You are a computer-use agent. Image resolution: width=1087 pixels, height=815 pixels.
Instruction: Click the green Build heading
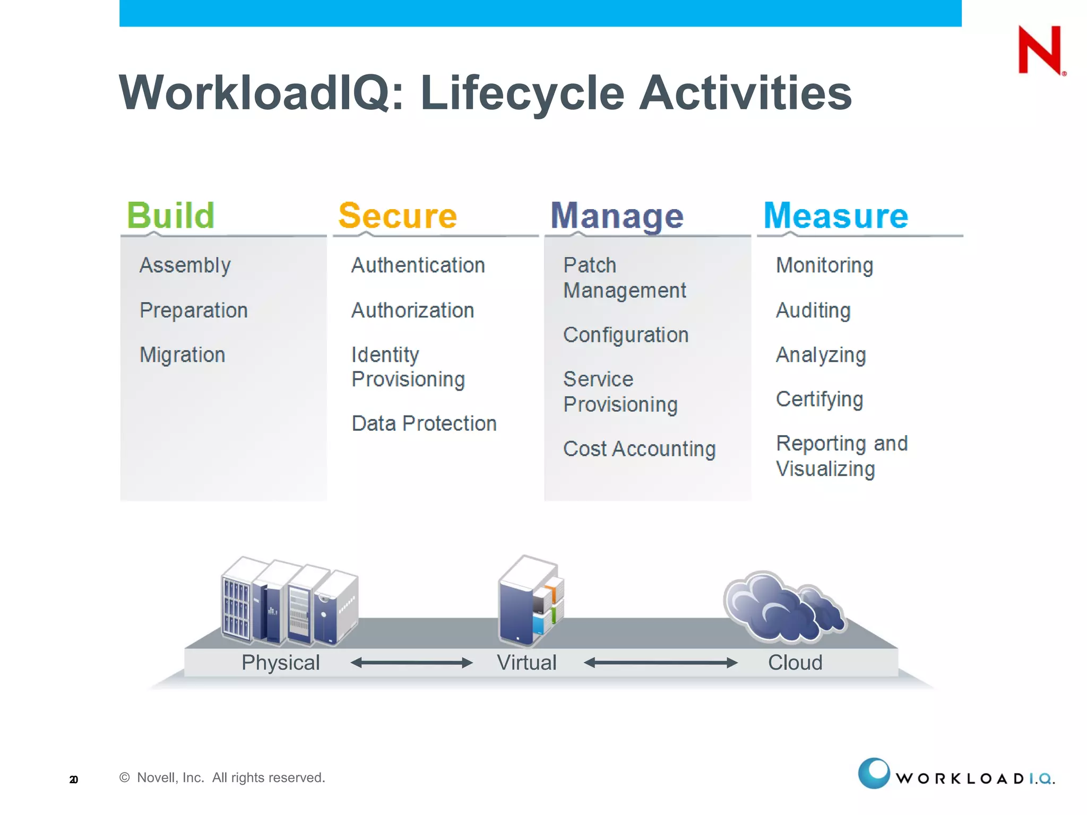(170, 215)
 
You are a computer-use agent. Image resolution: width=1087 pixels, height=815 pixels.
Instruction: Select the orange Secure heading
(398, 215)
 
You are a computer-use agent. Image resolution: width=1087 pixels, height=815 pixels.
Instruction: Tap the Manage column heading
(617, 215)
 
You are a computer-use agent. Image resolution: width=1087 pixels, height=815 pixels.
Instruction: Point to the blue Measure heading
(835, 215)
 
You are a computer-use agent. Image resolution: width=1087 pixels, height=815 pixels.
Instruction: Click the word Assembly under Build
(185, 265)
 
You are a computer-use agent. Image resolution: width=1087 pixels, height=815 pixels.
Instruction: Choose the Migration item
(182, 354)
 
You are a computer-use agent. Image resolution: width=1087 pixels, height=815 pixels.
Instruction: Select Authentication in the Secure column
(418, 265)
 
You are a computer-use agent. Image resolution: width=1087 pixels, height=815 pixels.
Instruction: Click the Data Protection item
(424, 423)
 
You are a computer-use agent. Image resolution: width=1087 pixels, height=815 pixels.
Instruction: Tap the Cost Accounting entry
(639, 449)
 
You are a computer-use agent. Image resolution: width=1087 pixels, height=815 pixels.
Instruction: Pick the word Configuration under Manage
(626, 335)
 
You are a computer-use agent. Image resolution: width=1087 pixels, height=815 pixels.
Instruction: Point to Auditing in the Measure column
(813, 310)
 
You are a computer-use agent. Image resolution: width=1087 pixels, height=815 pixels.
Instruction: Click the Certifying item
(819, 399)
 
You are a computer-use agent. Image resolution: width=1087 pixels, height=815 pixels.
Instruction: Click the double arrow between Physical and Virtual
(411, 663)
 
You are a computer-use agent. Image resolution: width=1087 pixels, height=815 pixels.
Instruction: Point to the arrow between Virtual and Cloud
(660, 663)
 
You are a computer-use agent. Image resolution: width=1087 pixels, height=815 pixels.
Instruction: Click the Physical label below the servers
(280, 663)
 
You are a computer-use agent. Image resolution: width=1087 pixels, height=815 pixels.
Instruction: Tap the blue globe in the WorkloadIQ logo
(874, 773)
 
